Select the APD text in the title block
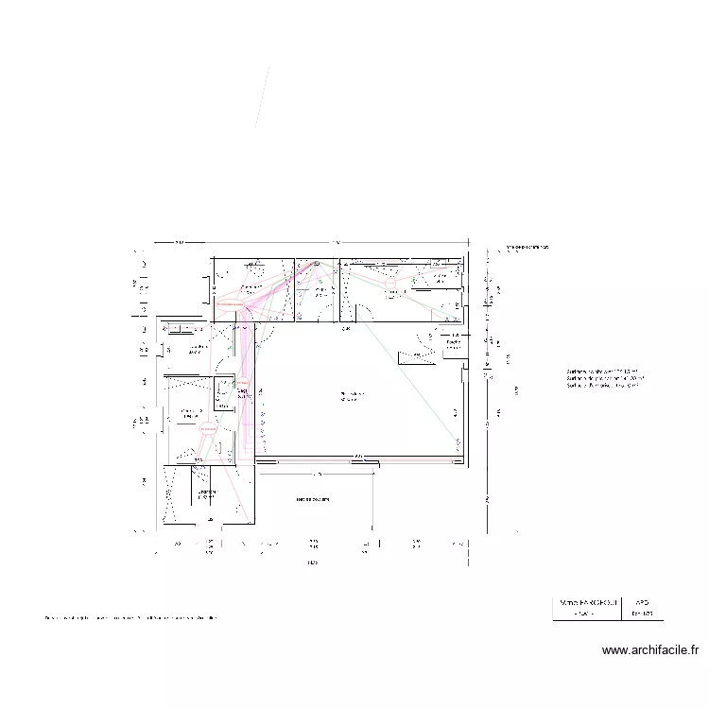642,601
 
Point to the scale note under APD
642,614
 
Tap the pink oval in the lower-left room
207,429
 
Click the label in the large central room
352,395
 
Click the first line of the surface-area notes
602,372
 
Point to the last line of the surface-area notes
602,385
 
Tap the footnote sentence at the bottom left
131,618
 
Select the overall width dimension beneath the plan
312,563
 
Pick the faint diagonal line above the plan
262,96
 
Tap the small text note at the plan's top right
527,248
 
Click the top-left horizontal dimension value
179,243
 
